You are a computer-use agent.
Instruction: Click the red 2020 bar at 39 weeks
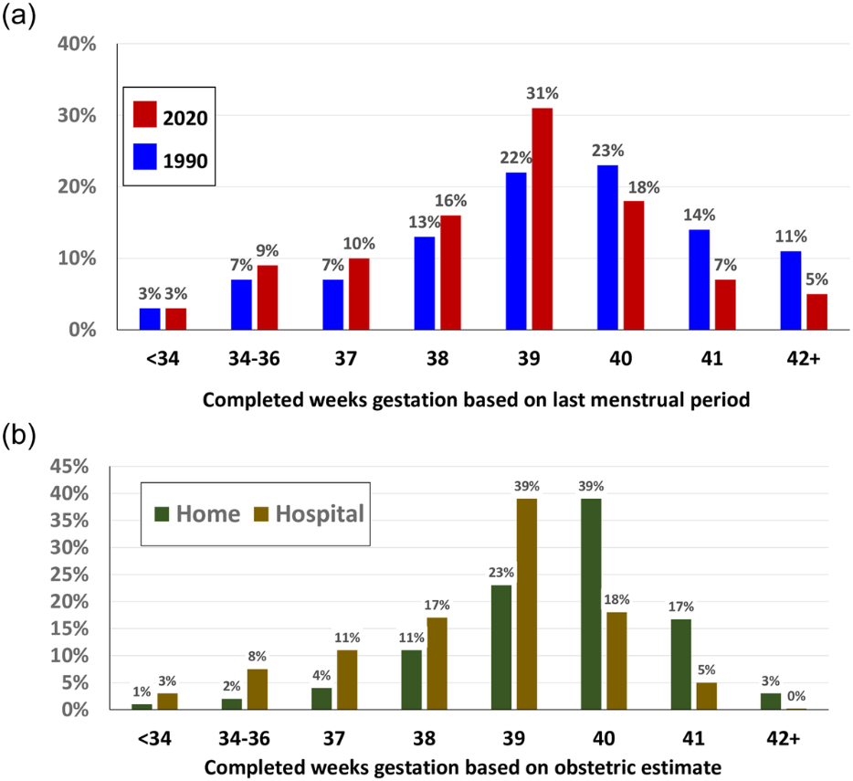click(x=542, y=219)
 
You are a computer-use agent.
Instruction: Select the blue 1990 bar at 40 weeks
click(x=607, y=248)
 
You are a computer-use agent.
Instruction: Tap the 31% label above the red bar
click(x=542, y=93)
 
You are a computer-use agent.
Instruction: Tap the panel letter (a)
click(x=17, y=16)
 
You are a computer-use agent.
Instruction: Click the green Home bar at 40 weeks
click(x=592, y=604)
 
